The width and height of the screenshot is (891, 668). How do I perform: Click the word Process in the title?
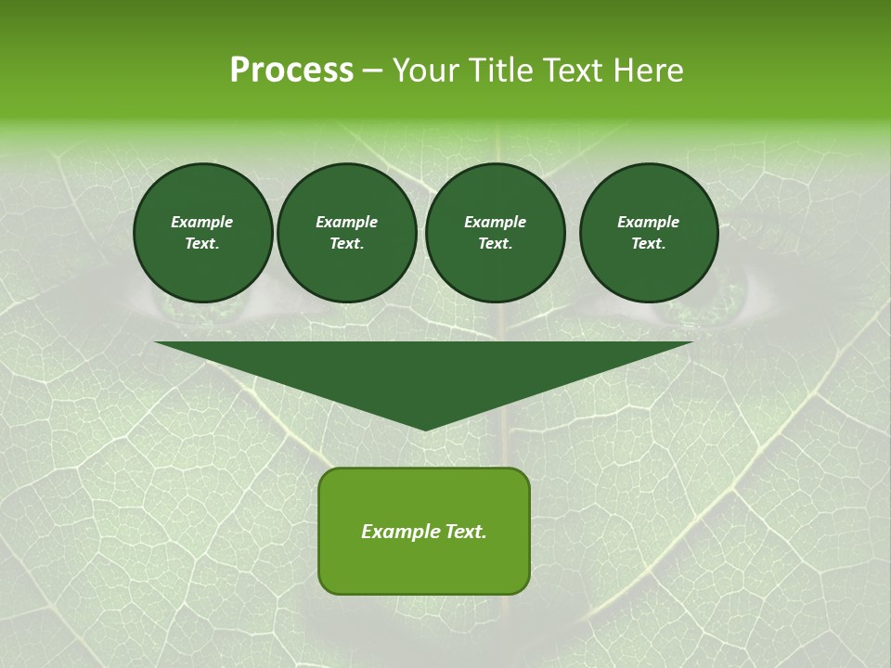[x=291, y=71]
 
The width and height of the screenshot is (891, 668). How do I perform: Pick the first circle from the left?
[x=202, y=232]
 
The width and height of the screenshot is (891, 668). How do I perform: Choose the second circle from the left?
[x=347, y=232]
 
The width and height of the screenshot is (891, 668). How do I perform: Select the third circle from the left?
[x=495, y=232]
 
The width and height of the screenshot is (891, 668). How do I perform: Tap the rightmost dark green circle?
[x=649, y=232]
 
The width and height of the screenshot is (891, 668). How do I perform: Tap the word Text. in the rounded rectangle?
[x=465, y=532]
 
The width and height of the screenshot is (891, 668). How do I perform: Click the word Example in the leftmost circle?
[x=202, y=222]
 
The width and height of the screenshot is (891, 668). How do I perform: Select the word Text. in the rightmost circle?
[x=649, y=243]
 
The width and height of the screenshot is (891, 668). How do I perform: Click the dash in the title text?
[x=372, y=71]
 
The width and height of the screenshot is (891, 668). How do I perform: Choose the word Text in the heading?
[x=572, y=71]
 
